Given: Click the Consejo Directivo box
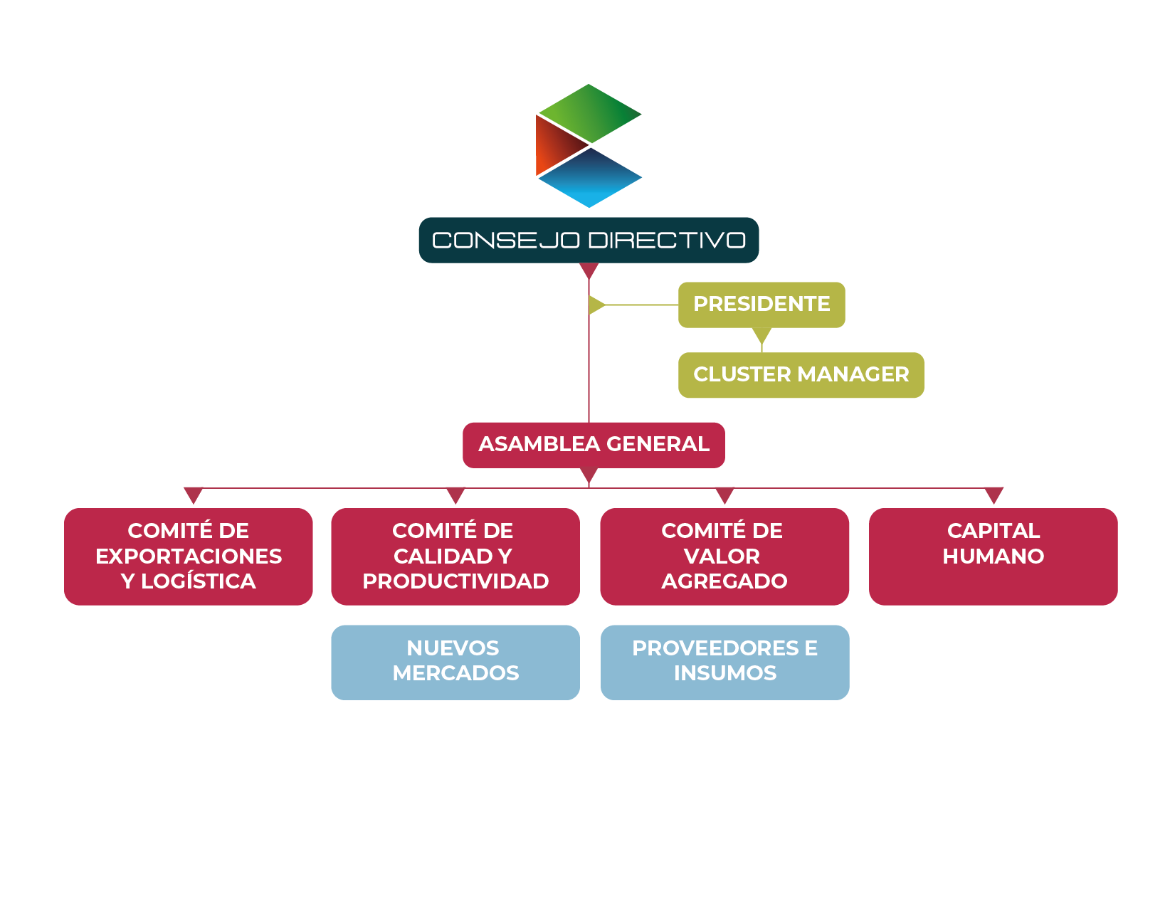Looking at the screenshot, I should click(589, 241).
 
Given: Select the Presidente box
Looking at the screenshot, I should click(762, 305).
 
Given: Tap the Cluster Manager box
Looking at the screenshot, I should click(801, 375).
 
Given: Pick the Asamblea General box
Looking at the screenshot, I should click(594, 445).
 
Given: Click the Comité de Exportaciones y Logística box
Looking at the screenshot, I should click(189, 556).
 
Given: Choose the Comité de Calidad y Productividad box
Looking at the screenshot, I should click(455, 556).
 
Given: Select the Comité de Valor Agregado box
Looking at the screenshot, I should click(725, 556).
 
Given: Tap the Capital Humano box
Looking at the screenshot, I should click(993, 556).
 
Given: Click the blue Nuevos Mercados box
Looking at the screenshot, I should click(455, 662).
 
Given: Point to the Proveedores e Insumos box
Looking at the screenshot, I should click(725, 662).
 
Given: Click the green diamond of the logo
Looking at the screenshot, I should click(589, 114).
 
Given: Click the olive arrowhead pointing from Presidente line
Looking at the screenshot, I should click(596, 305).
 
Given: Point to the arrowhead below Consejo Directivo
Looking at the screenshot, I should click(589, 270).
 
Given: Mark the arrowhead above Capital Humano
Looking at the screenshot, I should click(994, 495).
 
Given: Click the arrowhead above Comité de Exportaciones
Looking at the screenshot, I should click(194, 495).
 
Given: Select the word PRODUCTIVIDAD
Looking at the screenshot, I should click(455, 581).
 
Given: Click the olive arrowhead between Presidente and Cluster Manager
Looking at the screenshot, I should click(762, 335).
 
